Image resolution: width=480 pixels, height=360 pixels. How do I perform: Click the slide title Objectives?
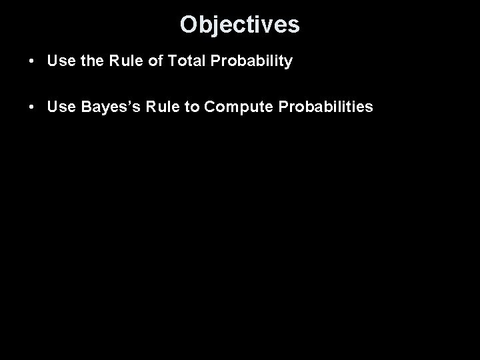tap(239, 25)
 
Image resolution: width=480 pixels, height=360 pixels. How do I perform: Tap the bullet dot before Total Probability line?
tap(32, 62)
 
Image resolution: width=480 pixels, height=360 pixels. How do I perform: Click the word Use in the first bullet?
tap(61, 62)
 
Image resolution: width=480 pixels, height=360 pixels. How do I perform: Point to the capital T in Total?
tap(173, 62)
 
